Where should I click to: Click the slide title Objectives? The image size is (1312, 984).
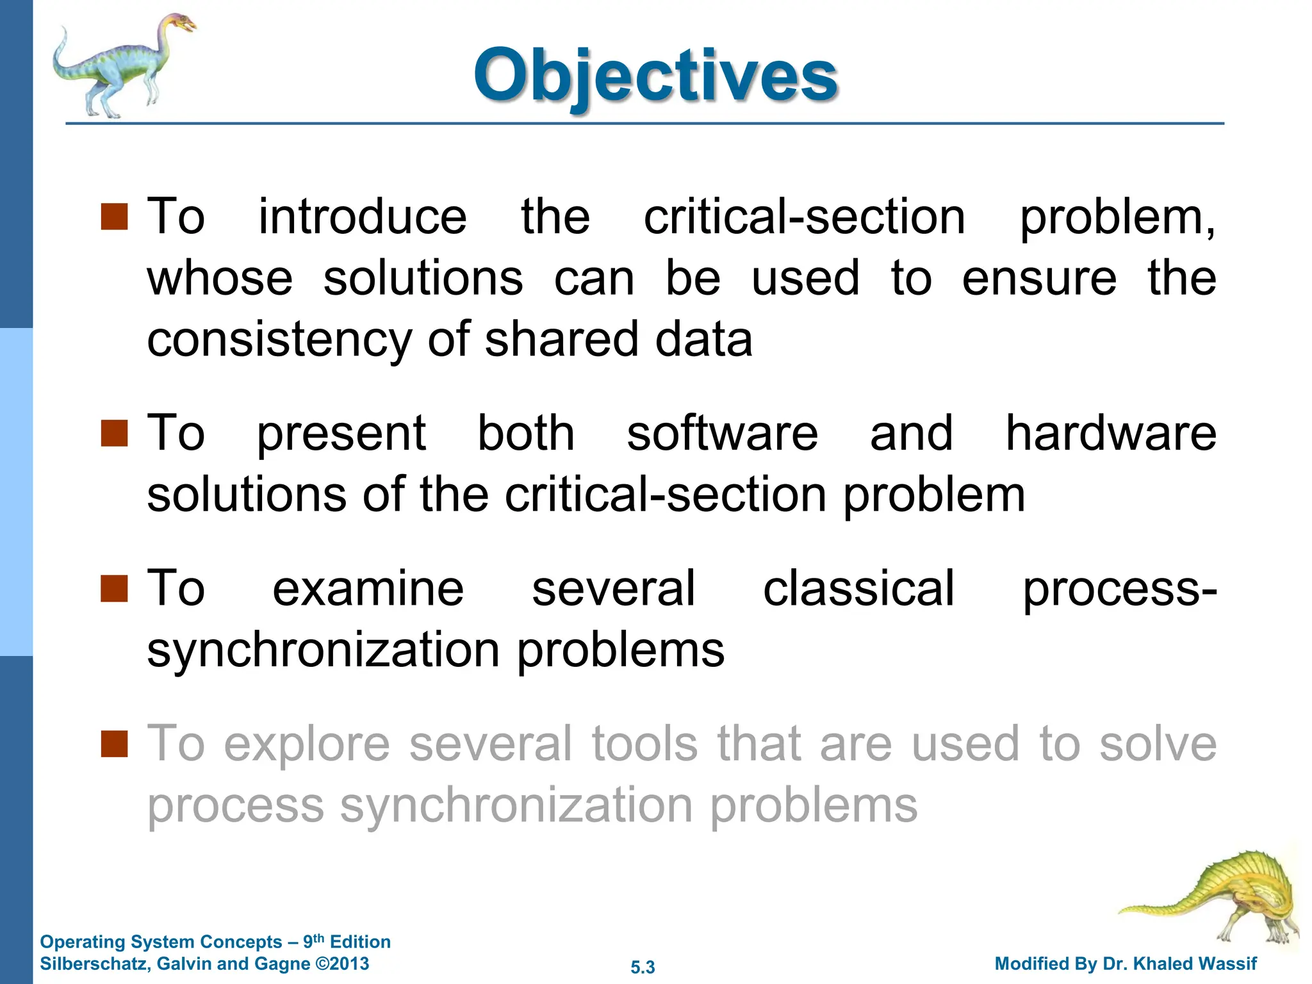655,76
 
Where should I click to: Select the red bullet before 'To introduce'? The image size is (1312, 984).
115,217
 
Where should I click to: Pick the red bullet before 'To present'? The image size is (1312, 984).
115,434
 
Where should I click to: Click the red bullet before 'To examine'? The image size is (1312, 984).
115,589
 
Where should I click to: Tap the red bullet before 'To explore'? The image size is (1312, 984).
115,744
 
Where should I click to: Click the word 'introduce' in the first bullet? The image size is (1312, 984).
363,217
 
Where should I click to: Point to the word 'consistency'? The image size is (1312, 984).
279,340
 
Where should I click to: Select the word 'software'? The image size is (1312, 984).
722,434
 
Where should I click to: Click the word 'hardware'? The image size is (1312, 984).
1110,434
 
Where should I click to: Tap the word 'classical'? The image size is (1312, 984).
858,588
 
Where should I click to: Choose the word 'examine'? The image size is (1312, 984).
368,588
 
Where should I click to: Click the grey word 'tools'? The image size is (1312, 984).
644,744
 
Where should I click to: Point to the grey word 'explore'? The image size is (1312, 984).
307,745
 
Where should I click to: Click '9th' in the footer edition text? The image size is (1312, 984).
313,941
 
